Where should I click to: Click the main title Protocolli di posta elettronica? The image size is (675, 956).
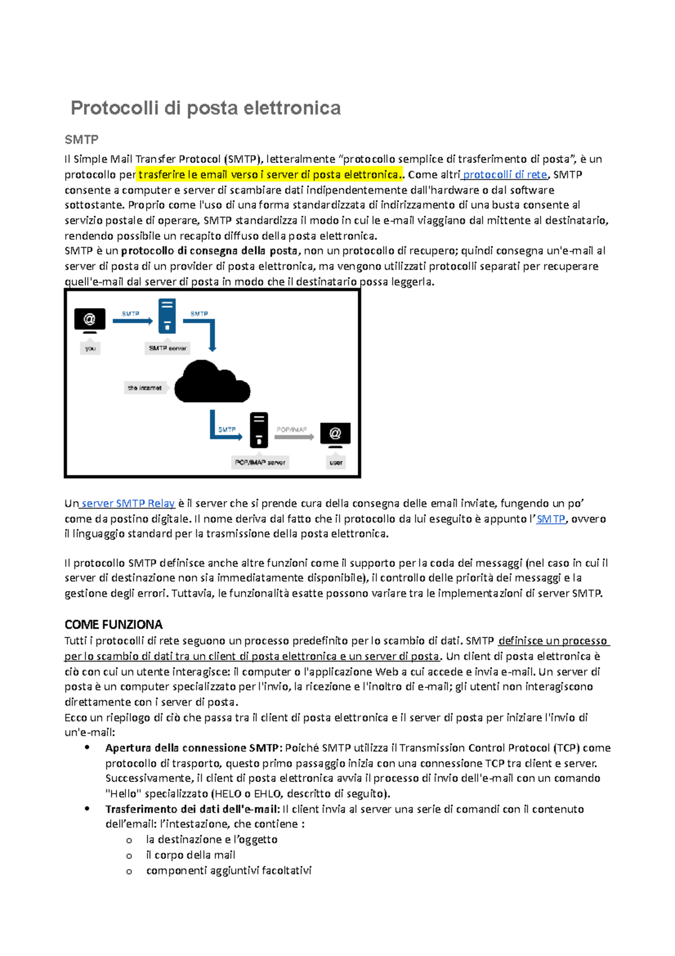pos(205,108)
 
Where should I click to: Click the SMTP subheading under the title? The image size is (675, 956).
pos(82,139)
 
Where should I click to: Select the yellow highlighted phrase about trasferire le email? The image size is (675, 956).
pos(269,175)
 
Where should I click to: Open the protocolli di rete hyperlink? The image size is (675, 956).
pos(505,175)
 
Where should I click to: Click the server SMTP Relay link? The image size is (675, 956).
pos(128,503)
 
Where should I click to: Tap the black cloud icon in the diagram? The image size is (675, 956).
pos(212,383)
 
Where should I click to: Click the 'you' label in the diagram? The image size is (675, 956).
pos(91,349)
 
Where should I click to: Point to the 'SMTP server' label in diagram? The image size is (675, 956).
pos(167,349)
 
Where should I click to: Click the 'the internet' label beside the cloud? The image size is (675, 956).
pos(145,388)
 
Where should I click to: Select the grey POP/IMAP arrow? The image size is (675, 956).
pos(294,436)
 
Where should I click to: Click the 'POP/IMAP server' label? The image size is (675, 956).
pos(260,462)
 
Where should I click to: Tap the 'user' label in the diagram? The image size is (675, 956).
pos(336,462)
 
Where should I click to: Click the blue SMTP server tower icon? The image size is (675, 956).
pos(167,316)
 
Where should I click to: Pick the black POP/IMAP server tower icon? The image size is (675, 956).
pos(259,430)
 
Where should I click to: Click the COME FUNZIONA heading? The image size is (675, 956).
pos(113,624)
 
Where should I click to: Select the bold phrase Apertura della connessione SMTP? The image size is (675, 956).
pos(191,748)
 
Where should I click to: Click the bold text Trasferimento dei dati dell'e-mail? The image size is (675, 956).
pos(192,809)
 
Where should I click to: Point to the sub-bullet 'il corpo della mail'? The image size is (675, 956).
pos(190,855)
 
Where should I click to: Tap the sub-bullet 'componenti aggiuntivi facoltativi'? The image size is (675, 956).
pos(228,870)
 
